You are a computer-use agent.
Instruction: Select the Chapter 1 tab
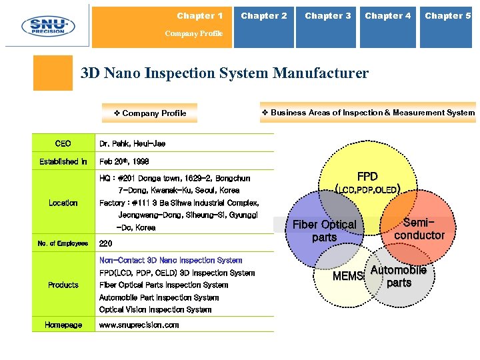click(x=200, y=16)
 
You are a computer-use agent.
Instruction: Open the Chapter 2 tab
click(x=264, y=16)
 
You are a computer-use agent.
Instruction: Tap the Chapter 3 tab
click(x=327, y=16)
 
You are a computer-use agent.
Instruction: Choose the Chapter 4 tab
click(x=388, y=16)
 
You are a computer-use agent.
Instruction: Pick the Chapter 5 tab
click(x=448, y=16)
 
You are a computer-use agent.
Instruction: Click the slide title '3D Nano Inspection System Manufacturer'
click(x=224, y=73)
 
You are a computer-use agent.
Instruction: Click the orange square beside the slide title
click(x=53, y=73)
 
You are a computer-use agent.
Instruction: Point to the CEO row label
click(x=63, y=143)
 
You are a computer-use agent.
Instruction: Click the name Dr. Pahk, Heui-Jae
click(x=133, y=143)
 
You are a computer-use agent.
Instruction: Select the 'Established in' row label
click(x=63, y=161)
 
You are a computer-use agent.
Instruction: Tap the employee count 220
click(x=106, y=243)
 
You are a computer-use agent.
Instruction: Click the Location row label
click(x=63, y=203)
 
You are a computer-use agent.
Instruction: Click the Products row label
click(x=63, y=285)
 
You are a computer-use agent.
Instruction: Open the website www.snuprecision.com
click(x=139, y=325)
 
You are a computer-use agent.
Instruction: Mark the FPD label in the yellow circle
click(x=367, y=177)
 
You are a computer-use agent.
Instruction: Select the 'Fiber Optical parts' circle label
click(x=325, y=231)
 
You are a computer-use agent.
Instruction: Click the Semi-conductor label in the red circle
click(x=419, y=229)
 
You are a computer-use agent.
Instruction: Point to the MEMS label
click(x=348, y=276)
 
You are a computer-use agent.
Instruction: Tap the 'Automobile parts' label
click(x=399, y=276)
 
